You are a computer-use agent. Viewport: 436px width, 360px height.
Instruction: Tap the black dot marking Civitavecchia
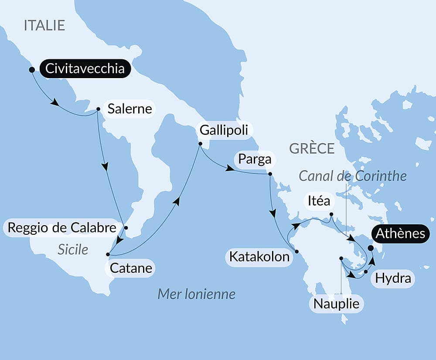click(x=31, y=69)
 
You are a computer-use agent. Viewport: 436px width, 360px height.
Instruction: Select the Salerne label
click(x=129, y=109)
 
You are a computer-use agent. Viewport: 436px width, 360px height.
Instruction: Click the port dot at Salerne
click(x=98, y=109)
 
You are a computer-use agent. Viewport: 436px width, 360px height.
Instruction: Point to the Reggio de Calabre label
click(x=62, y=227)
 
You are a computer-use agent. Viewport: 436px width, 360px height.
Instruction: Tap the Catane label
click(x=131, y=267)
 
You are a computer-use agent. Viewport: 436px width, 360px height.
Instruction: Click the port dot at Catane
click(x=108, y=254)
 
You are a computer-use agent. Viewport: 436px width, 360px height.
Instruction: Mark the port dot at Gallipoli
click(x=200, y=144)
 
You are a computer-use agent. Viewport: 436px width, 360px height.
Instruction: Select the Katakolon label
click(x=259, y=257)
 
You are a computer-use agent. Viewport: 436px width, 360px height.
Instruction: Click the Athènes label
click(x=400, y=233)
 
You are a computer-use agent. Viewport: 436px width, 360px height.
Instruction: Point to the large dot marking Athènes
click(x=371, y=248)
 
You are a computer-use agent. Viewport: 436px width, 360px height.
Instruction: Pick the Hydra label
click(x=393, y=278)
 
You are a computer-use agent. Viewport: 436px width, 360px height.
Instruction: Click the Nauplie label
click(x=336, y=303)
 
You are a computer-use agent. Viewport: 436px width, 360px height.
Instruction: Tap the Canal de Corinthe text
click(x=353, y=176)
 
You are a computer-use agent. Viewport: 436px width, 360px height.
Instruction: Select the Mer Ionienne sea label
click(x=196, y=294)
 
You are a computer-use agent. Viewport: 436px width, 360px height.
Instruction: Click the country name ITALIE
click(x=44, y=25)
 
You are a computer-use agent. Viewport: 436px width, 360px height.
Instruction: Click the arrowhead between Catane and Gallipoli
click(x=176, y=201)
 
